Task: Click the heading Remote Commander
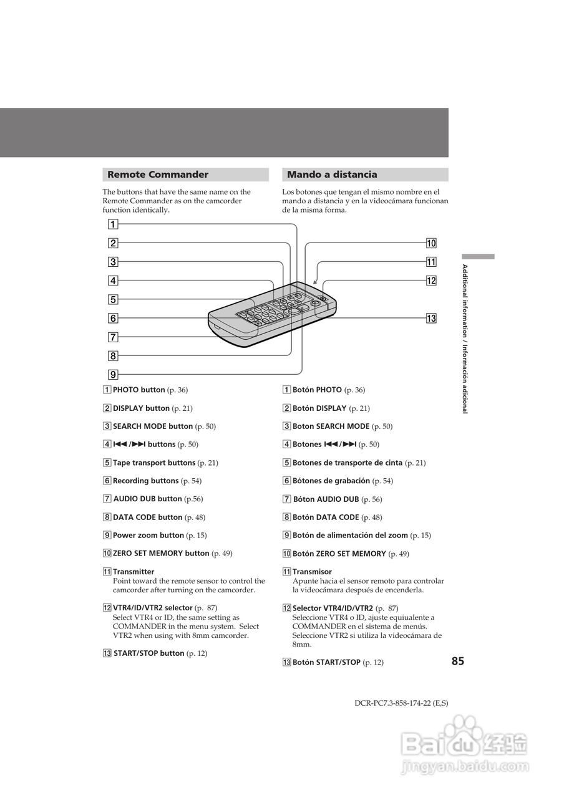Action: pos(158,175)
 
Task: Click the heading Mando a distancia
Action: pos(332,175)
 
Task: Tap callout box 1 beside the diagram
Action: pos(113,224)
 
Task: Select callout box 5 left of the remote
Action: pos(113,299)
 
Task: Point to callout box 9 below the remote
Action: pos(113,375)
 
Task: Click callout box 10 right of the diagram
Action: pos(431,243)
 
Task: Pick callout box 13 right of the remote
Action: pos(431,319)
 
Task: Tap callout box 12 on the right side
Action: pos(431,281)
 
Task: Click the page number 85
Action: pos(458,661)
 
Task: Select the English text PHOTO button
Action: pos(139,390)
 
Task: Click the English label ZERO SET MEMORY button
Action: pos(161,554)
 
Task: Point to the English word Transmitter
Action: pos(134,572)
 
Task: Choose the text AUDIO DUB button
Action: pos(148,499)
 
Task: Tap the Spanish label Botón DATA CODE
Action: pos(326,517)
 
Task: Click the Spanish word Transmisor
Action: pos(312,572)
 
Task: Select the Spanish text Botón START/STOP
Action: pos(326,663)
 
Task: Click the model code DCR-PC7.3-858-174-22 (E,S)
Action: pos(401,703)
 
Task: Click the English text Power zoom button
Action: pos(148,536)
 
